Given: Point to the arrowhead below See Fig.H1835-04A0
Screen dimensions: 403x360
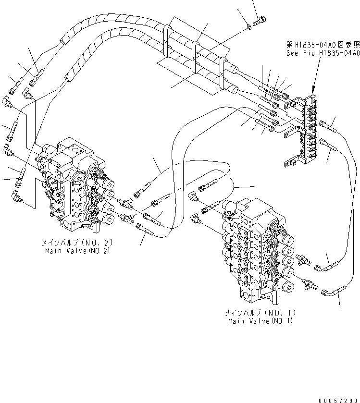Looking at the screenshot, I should coord(313,89).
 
